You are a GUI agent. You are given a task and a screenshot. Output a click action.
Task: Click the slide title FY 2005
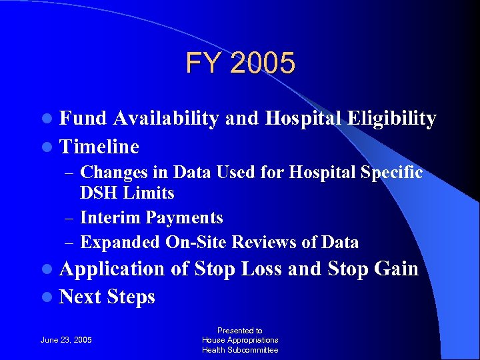pyautogui.click(x=240, y=64)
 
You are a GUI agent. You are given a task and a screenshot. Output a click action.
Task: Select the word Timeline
pyautogui.click(x=99, y=147)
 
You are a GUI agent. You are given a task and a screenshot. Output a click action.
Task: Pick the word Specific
pyautogui.click(x=391, y=173)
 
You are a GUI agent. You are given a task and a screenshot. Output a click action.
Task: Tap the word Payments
pyautogui.click(x=185, y=218)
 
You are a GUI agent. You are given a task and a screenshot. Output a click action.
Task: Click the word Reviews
pyautogui.click(x=261, y=243)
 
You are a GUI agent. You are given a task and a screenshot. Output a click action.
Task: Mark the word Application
pyautogui.click(x=111, y=269)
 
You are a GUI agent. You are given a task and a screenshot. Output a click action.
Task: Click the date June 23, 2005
pyautogui.click(x=67, y=340)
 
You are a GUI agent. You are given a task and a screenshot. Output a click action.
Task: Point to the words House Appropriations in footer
pyautogui.click(x=240, y=340)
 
